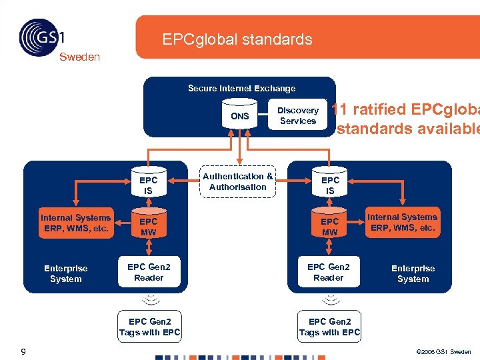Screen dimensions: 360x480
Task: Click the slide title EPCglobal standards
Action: (237, 39)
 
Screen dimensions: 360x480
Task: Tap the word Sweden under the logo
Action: (79, 57)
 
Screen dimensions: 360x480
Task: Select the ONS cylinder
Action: (240, 115)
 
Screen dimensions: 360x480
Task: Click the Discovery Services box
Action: (298, 115)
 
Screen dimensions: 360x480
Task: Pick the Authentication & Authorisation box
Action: (237, 181)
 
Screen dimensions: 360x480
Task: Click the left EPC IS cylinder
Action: (149, 185)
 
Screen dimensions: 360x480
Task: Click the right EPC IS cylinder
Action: (330, 185)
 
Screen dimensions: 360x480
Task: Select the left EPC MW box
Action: (149, 227)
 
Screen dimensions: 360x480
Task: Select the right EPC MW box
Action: (330, 227)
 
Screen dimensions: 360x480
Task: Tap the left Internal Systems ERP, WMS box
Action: (75, 223)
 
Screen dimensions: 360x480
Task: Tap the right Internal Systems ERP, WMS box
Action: (403, 222)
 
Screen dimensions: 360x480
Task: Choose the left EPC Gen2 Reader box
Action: (149, 272)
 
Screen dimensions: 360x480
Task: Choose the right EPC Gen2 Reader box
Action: (329, 272)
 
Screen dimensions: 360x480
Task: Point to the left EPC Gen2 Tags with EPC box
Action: (150, 327)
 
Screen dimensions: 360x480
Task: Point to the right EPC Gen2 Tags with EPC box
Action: (330, 327)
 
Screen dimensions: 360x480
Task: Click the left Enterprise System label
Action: (66, 273)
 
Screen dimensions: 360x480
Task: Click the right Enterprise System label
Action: (413, 273)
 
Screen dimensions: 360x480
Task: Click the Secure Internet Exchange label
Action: (241, 88)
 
